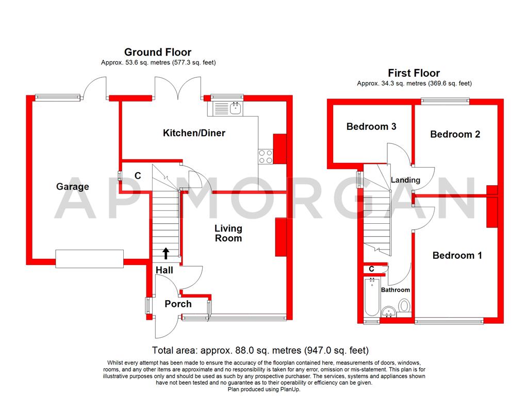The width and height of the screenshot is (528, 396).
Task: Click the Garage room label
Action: click(x=73, y=187)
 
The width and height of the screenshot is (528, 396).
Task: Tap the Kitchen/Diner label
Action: click(x=194, y=133)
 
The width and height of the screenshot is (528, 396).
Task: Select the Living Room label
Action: click(x=228, y=233)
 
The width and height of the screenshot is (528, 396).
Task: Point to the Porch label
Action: click(x=178, y=304)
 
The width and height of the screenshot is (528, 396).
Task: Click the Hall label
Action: click(x=164, y=270)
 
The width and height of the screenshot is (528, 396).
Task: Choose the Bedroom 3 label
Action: click(x=371, y=126)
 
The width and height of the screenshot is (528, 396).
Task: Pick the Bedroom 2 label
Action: click(x=455, y=134)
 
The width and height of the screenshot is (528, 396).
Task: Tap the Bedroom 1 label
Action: click(x=457, y=255)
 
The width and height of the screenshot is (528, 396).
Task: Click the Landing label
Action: click(x=405, y=180)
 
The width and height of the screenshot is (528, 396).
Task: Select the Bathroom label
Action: click(x=395, y=290)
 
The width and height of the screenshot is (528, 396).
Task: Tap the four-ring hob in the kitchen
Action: click(x=265, y=156)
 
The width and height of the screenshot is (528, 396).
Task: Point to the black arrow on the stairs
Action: click(x=166, y=253)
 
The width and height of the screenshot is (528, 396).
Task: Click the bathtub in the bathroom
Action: click(x=372, y=298)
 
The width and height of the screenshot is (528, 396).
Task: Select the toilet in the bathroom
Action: click(x=404, y=307)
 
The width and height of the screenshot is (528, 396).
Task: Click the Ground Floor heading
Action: click(x=158, y=52)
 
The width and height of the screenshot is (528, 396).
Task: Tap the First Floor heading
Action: click(x=414, y=73)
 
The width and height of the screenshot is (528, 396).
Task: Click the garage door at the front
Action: click(x=90, y=258)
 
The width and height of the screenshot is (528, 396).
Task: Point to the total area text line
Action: click(x=260, y=350)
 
